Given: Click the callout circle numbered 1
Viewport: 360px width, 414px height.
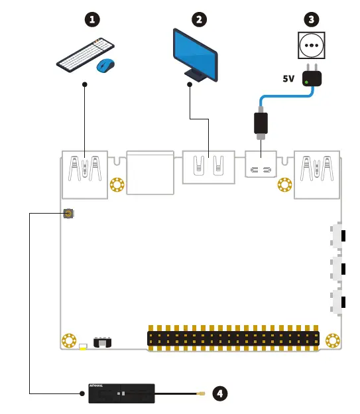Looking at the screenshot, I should pos(95,20).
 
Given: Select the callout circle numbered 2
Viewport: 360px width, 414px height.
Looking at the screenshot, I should pos(198,20).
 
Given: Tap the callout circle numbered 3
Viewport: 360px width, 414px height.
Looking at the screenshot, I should pos(312,20).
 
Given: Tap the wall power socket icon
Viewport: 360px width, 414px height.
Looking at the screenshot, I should pos(312,46).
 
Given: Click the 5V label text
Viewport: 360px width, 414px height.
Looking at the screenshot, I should pos(288,78).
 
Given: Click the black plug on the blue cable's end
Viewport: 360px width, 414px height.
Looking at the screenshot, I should pos(261,124).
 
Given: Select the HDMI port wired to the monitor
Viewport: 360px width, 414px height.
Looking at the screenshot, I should pos(208,169).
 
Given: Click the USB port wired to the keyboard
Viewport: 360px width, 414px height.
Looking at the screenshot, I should pos(85,174).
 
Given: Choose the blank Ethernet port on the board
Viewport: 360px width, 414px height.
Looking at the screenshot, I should pos(150,174).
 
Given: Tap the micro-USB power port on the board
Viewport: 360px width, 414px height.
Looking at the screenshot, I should pos(261,171).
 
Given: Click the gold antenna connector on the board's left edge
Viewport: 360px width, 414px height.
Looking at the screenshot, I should pos(68,214).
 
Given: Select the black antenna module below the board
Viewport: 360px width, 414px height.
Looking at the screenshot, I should pos(122,393).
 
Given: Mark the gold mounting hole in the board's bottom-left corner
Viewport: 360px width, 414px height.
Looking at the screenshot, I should pos(68,341).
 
